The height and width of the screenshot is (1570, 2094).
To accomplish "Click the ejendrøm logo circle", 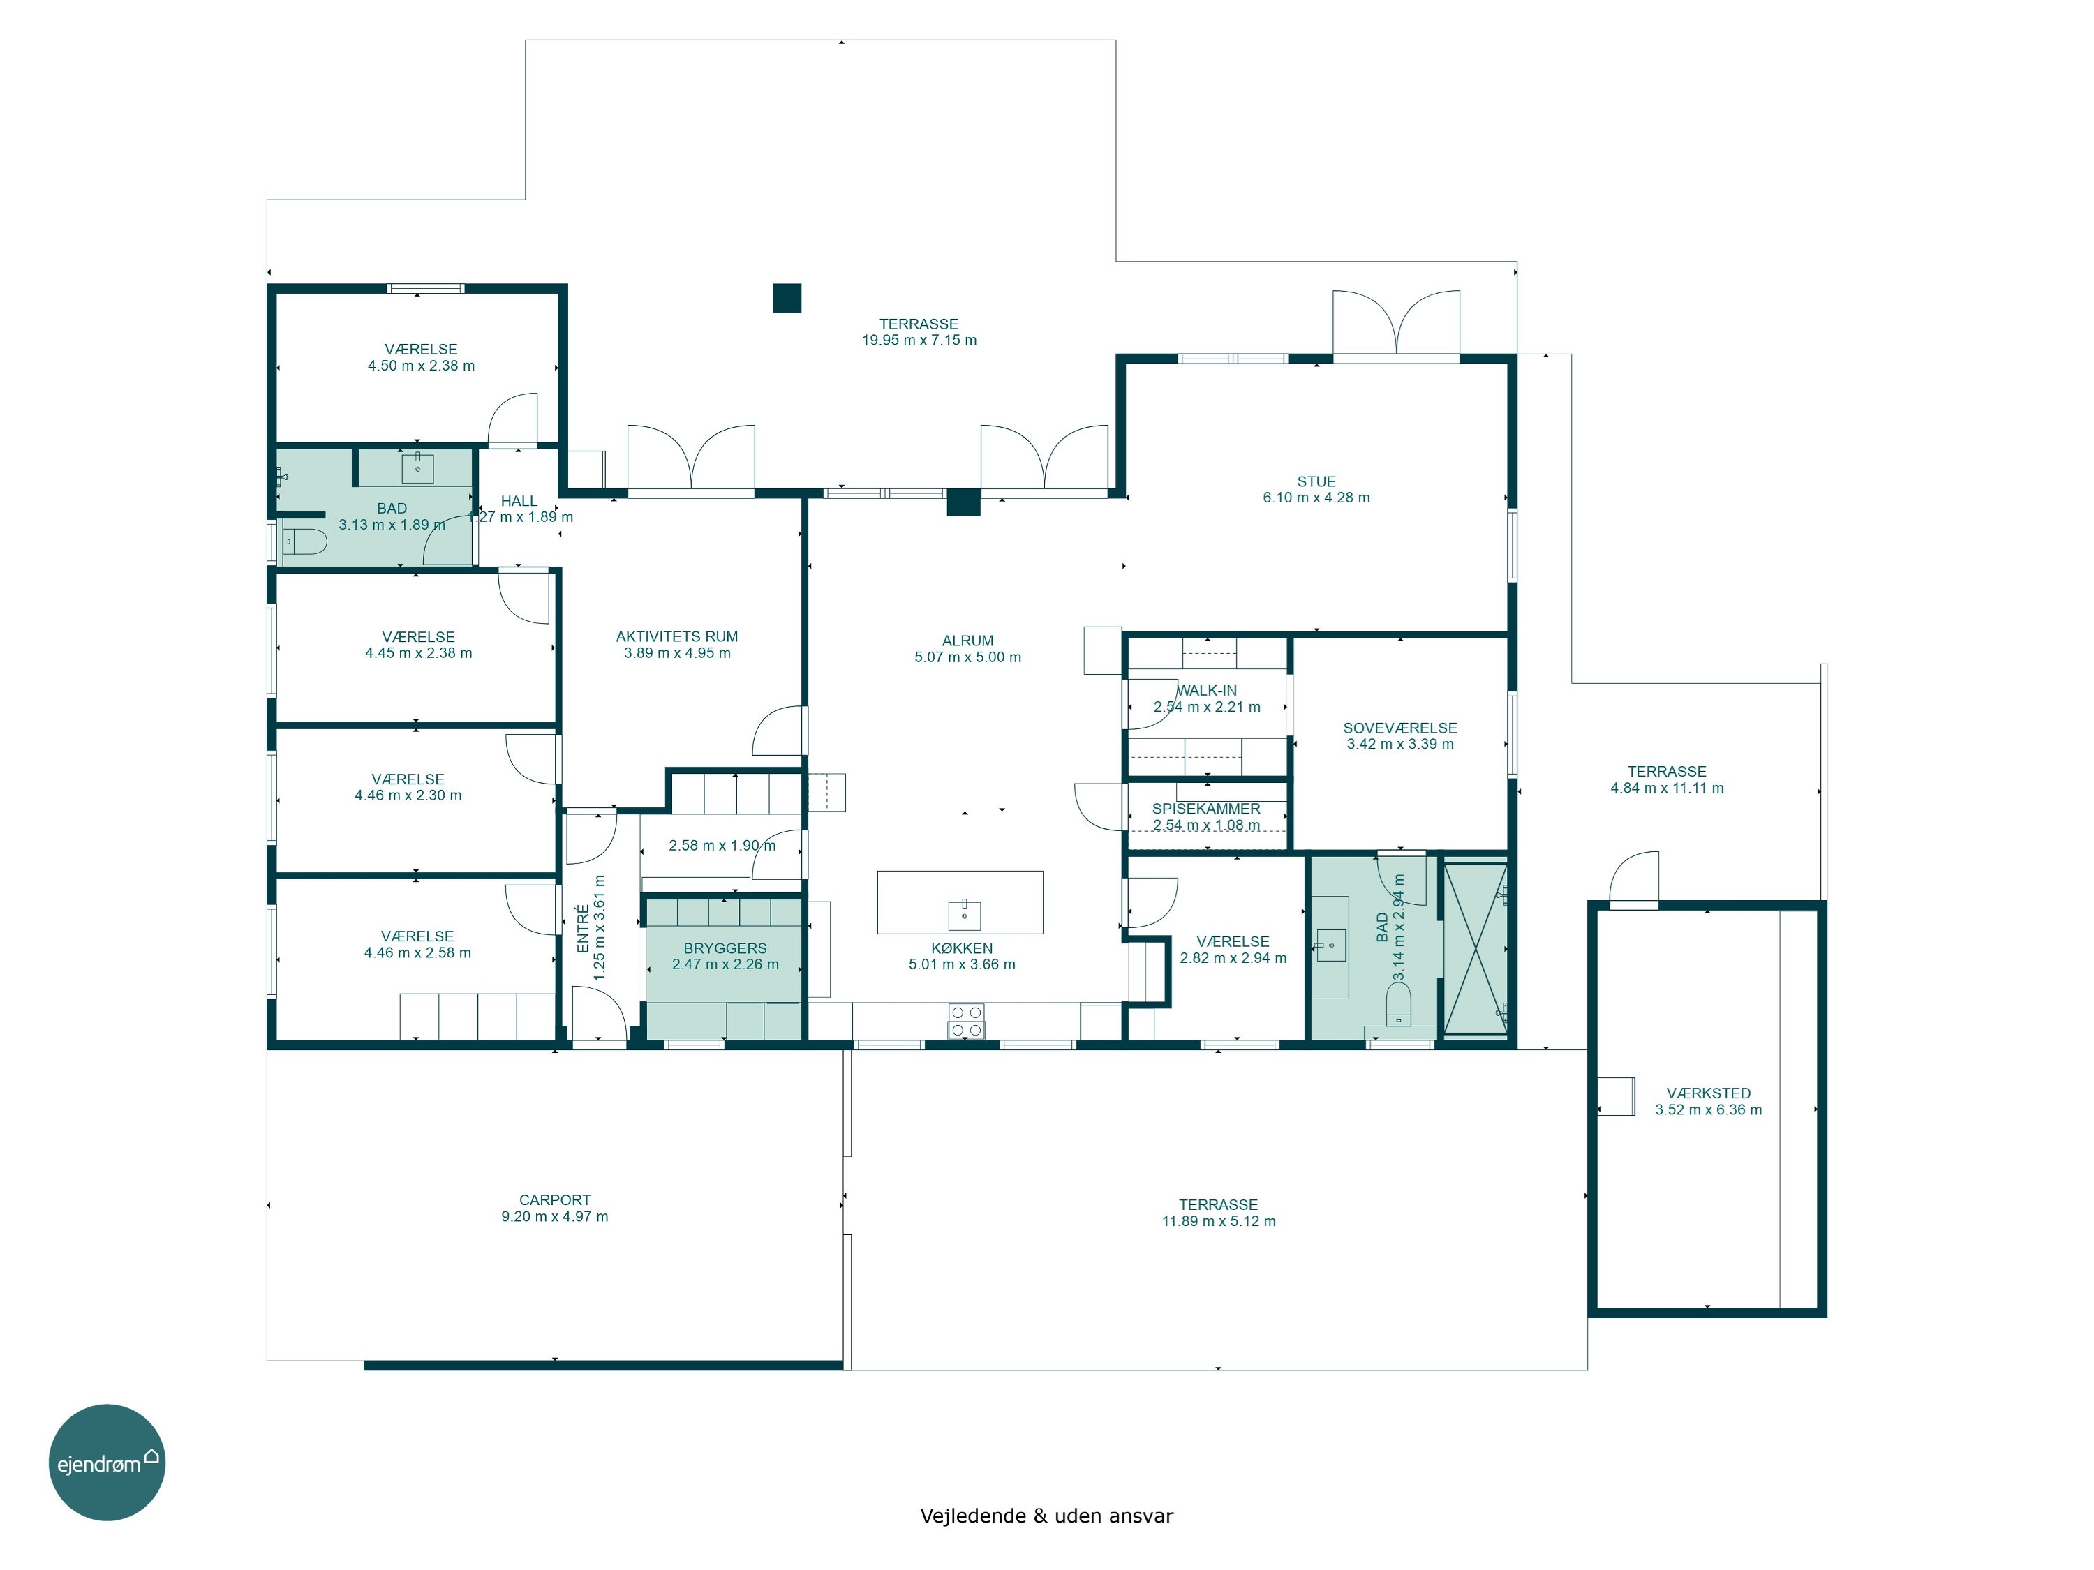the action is pos(107,1462).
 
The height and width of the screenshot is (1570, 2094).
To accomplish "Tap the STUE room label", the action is pos(1316,481).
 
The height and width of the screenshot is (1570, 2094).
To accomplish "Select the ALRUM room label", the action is pos(967,641).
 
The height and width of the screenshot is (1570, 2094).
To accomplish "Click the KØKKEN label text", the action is pos(962,948).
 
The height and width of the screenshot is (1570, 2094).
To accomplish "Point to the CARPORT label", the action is pos(555,1200).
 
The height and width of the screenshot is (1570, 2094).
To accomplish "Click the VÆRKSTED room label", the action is pos(1709,1093).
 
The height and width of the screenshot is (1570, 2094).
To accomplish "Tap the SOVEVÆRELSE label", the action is pos(1400,728).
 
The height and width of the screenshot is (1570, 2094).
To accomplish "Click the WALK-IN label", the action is pos(1206,691).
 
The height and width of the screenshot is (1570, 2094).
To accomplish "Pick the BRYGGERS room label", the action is pos(725,948).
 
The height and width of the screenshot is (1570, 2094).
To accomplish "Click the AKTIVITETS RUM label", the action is pos(677,637).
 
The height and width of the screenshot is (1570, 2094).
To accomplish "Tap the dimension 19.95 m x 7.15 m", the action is pos(919,341).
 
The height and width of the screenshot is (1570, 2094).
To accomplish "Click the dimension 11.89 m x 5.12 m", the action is pos(1218,1222).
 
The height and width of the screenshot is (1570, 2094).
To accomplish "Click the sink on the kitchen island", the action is pos(965,915).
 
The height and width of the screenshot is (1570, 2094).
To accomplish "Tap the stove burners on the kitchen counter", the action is pos(967,1021).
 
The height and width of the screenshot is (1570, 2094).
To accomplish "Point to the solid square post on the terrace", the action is pos(787,298).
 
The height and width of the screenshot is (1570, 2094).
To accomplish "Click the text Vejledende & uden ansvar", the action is pos(1046,1516).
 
